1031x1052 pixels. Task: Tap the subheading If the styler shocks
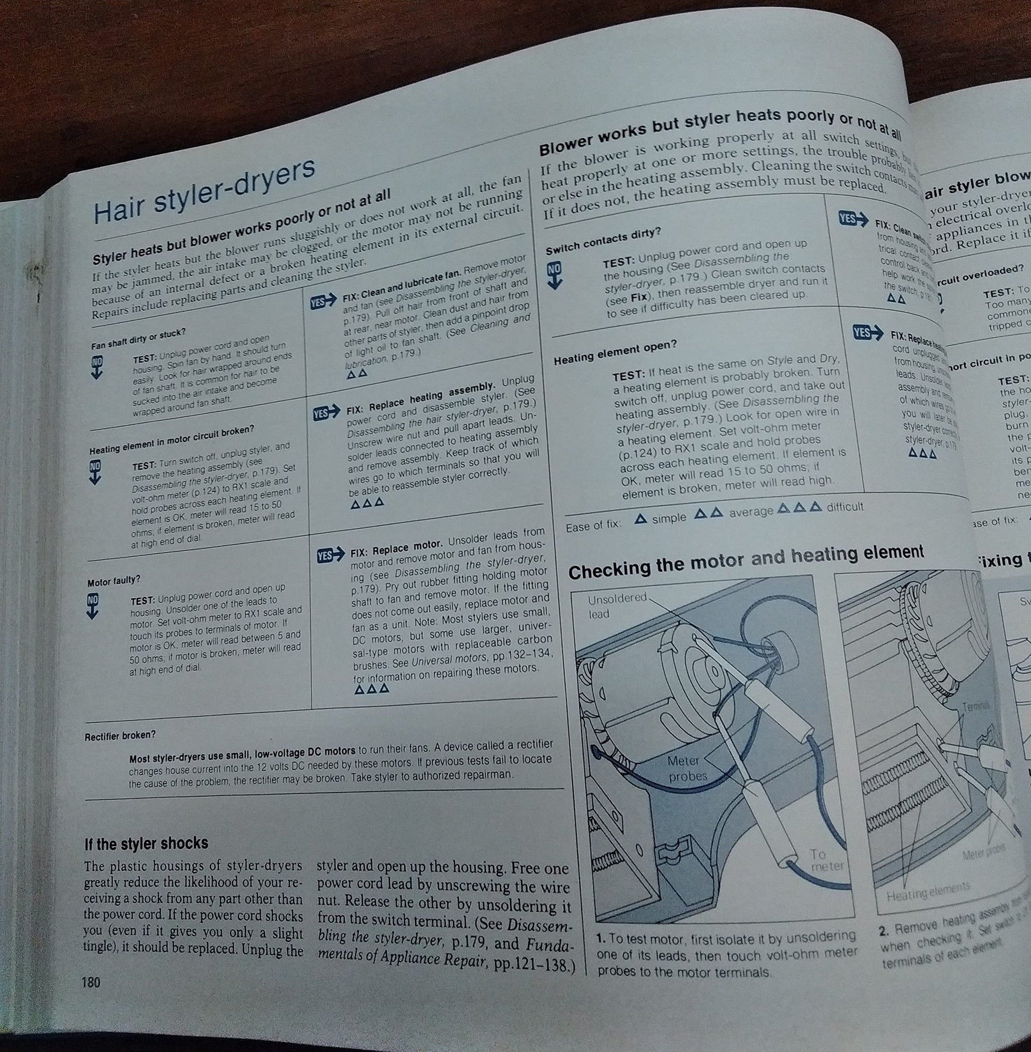pyautogui.click(x=146, y=844)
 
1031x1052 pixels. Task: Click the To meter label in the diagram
pyautogui.click(x=826, y=860)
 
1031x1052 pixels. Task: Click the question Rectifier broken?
pyautogui.click(x=120, y=736)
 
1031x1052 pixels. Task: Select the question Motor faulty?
pyautogui.click(x=114, y=581)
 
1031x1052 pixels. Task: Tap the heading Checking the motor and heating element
pyautogui.click(x=745, y=562)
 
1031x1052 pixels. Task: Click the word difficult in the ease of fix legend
pyautogui.click(x=845, y=507)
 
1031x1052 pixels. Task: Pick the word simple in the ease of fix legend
pyautogui.click(x=669, y=517)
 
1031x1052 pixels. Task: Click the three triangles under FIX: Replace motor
pyautogui.click(x=371, y=689)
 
